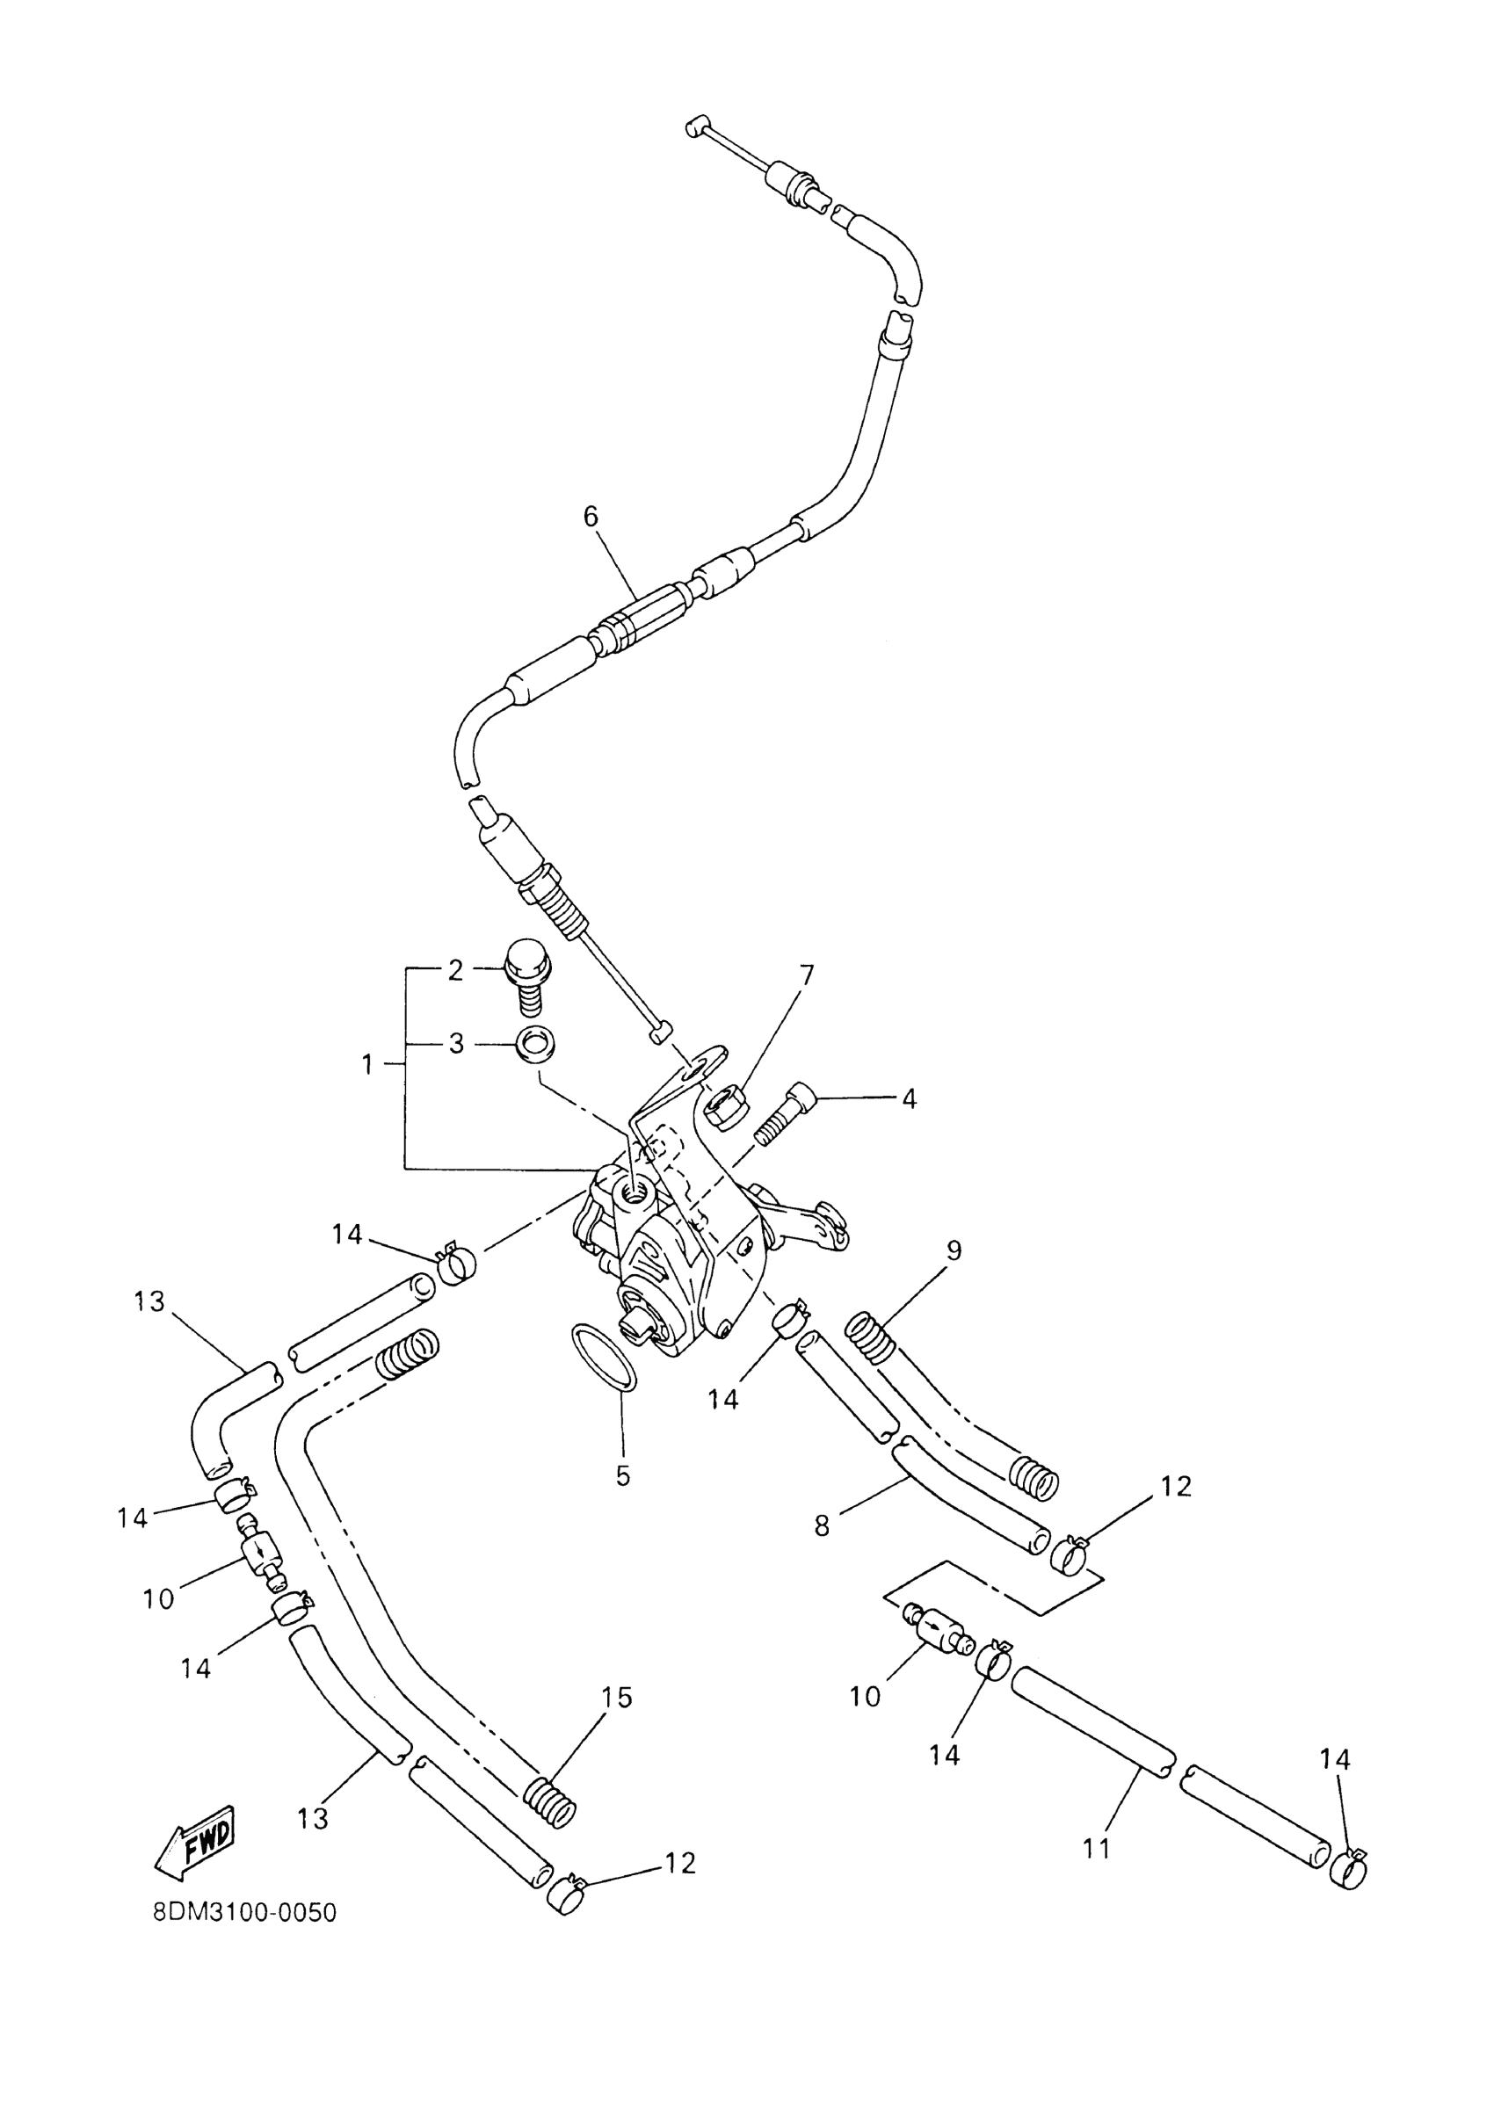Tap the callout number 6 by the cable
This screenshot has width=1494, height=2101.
[591, 517]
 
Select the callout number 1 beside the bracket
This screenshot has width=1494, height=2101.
[367, 1065]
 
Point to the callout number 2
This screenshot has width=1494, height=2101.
[455, 970]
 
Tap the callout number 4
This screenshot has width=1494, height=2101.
[909, 1098]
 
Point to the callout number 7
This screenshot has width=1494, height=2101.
[806, 976]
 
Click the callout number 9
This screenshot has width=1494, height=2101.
[953, 1250]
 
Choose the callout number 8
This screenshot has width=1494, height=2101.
[822, 1526]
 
